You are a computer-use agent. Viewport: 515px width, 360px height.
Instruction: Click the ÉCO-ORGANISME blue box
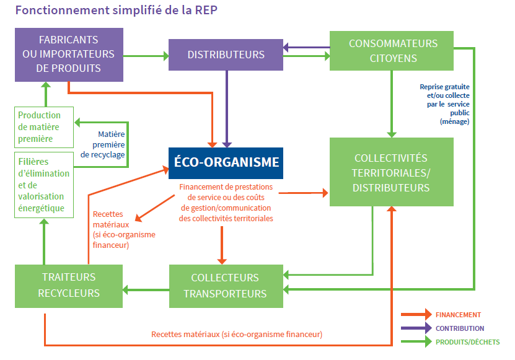click(226, 163)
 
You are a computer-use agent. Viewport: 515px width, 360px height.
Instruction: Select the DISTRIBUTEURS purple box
click(226, 55)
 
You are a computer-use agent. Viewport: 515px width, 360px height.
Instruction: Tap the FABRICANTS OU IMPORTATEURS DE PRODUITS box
click(69, 54)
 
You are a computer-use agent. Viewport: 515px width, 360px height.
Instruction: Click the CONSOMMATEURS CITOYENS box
click(392, 51)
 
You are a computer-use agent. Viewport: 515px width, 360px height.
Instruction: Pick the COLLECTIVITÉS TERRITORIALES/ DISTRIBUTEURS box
click(391, 172)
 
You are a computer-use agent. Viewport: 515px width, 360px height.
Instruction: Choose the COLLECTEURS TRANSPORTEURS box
click(226, 286)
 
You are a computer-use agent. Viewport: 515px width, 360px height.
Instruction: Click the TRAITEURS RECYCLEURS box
click(69, 286)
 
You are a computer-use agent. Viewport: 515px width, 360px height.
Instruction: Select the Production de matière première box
click(43, 127)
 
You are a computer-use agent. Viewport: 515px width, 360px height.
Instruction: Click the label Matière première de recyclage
click(103, 144)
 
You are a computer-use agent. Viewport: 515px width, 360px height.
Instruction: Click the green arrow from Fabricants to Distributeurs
click(146, 56)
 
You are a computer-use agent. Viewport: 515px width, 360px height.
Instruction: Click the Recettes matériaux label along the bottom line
click(237, 335)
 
